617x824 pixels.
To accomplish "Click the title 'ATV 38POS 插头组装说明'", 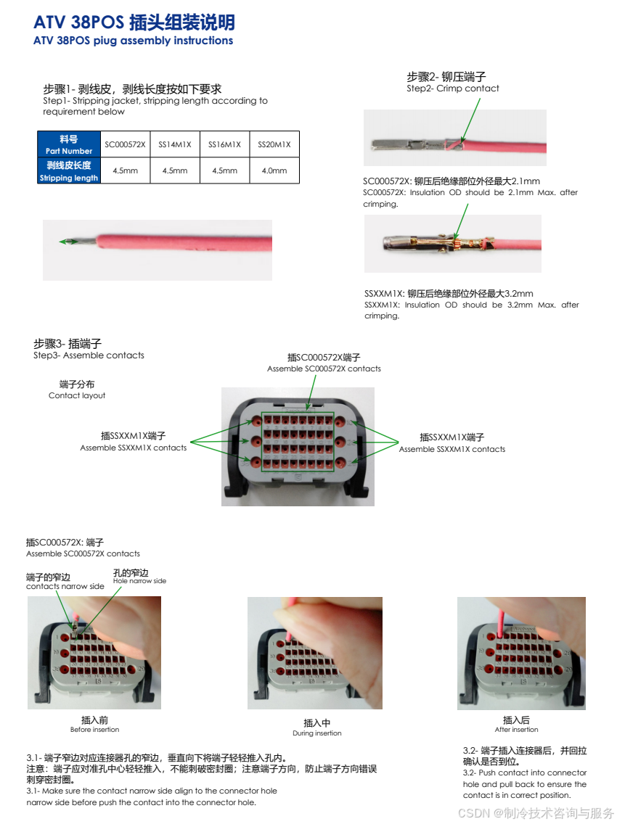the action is (x=134, y=22).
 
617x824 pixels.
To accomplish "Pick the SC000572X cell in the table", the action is (x=125, y=144).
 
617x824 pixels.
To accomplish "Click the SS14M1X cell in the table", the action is (x=175, y=144).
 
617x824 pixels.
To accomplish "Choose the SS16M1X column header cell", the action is (x=224, y=144).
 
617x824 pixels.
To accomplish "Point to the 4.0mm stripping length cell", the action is (x=274, y=171).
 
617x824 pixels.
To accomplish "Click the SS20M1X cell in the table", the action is (x=274, y=144).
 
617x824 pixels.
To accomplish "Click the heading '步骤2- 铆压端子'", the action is (x=446, y=76).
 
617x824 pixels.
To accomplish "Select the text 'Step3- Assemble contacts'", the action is (x=89, y=355).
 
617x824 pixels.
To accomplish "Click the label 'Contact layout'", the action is (x=77, y=395).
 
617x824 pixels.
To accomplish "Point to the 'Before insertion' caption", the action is (x=94, y=730).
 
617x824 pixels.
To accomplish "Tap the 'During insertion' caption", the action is (x=317, y=733).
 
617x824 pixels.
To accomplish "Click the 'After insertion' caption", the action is (x=516, y=730).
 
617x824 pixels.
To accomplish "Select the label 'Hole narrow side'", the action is (x=139, y=581).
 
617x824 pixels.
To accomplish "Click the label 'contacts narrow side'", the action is (x=65, y=586).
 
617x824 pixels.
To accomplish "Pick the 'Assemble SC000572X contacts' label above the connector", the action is (x=324, y=368).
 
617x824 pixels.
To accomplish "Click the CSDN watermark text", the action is (x=536, y=813).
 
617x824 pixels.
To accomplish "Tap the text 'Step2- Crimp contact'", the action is (x=453, y=88).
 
